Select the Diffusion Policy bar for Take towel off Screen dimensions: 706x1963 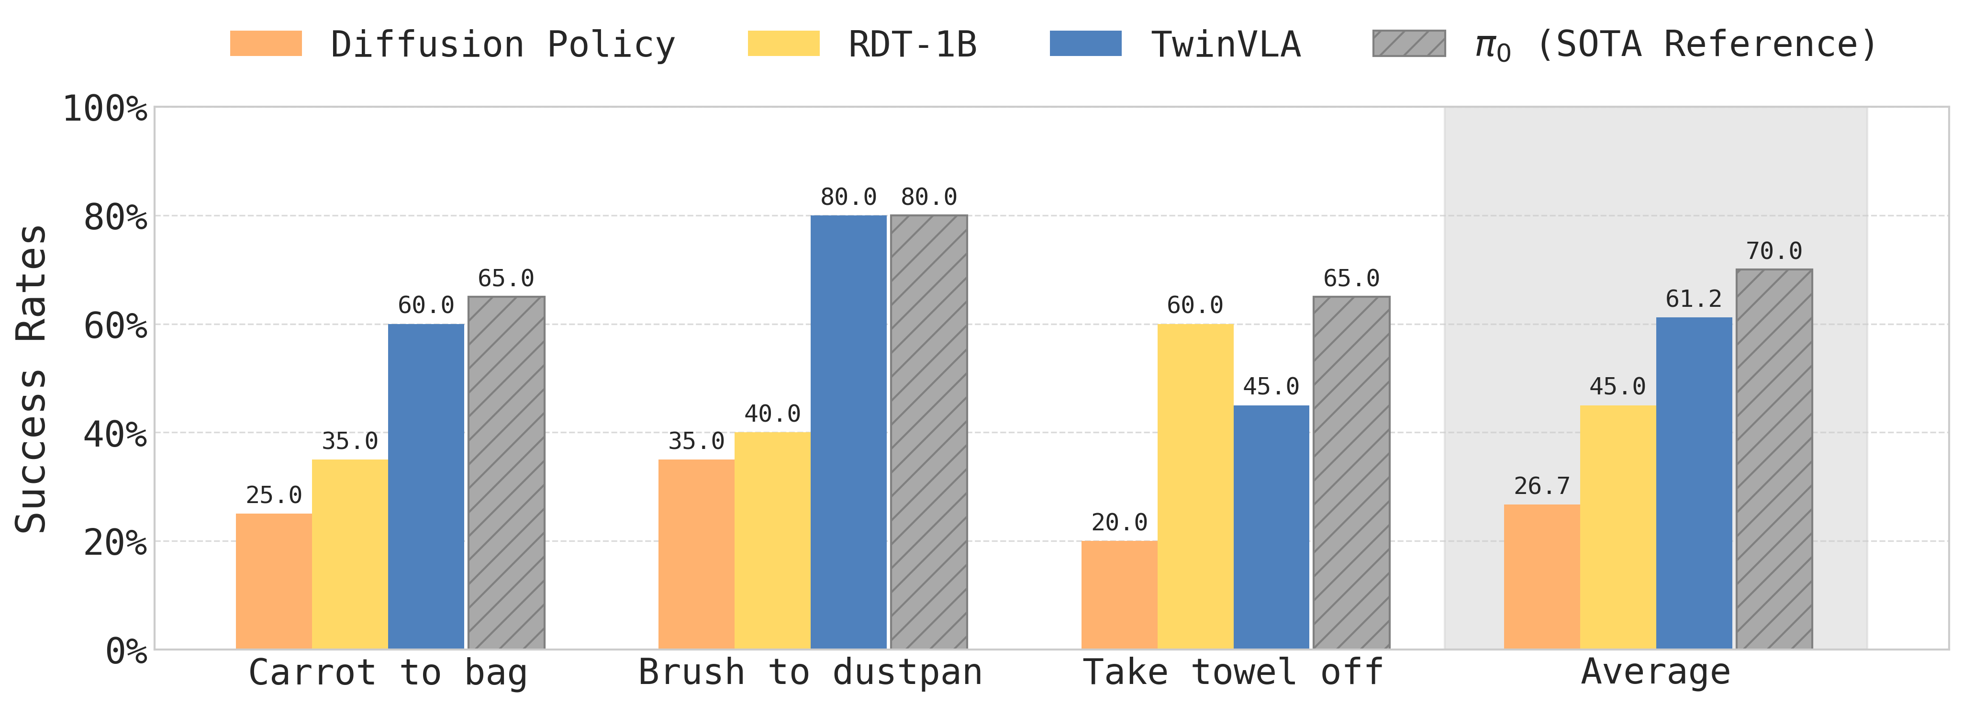[x=1119, y=594]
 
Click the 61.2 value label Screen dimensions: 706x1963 [x=1693, y=299]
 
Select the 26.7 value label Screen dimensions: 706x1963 [x=1541, y=486]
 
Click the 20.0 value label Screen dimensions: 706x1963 [x=1119, y=522]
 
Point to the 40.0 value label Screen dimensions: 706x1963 [x=772, y=414]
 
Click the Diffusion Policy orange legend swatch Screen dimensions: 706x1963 [x=266, y=44]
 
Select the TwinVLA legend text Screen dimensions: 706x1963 [x=1226, y=44]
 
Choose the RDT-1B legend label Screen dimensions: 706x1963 [x=912, y=44]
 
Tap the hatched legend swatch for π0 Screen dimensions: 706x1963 [x=1408, y=44]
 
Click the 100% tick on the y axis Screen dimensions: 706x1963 [x=105, y=109]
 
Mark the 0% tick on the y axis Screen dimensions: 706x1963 [x=126, y=651]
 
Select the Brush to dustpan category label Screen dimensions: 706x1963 [x=810, y=672]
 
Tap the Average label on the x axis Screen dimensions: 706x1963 [x=1655, y=672]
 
